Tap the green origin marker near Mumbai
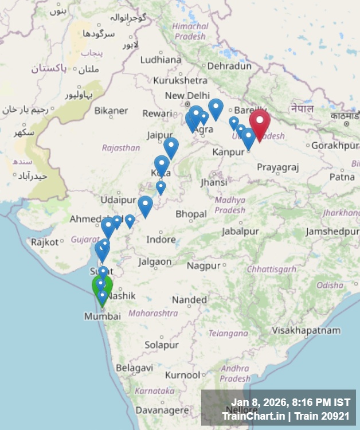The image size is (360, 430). tap(103, 287)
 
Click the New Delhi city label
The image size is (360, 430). tap(187, 95)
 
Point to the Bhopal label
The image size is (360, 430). tap(191, 214)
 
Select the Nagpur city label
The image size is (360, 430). tap(204, 265)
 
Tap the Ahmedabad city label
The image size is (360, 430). tap(89, 219)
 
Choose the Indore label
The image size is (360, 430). tap(161, 239)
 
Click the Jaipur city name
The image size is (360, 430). tap(159, 135)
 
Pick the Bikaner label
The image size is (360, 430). tap(111, 110)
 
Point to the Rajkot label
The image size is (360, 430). tap(45, 242)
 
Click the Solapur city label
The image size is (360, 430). tap(161, 345)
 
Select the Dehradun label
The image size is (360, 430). tap(229, 66)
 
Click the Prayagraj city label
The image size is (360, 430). tap(278, 167)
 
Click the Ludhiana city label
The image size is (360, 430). tap(161, 59)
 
